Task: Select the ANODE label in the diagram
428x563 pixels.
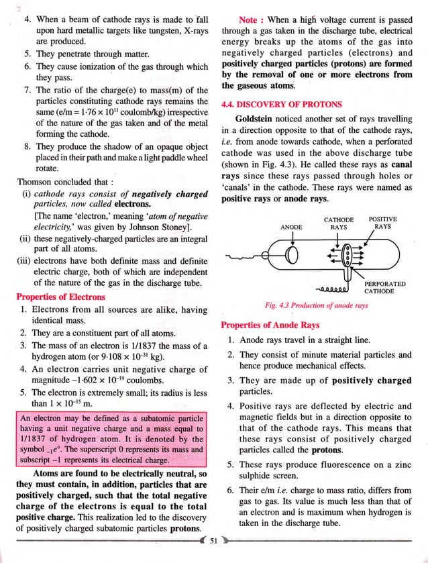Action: [x=291, y=227]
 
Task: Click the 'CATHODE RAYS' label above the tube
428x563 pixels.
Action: [x=339, y=223]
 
